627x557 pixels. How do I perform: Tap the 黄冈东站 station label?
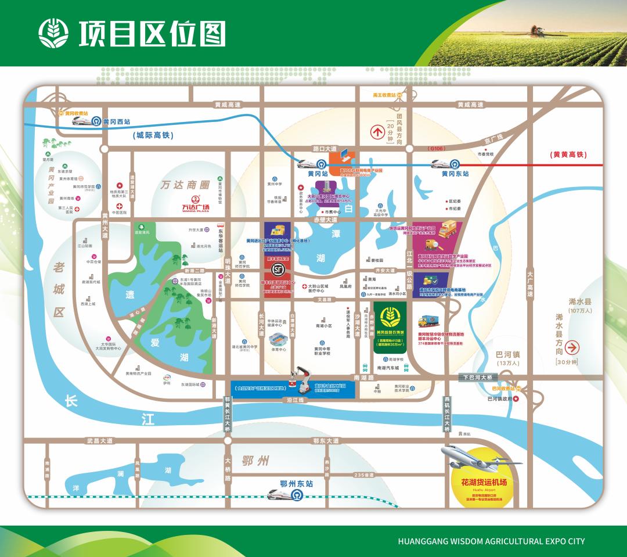455,173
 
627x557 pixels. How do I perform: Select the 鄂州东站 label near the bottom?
296,483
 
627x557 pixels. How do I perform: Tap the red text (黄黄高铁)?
568,154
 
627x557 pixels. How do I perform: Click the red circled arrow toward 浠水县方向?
572,348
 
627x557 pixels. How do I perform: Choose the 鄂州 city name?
257,462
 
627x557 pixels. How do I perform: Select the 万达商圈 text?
185,185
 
